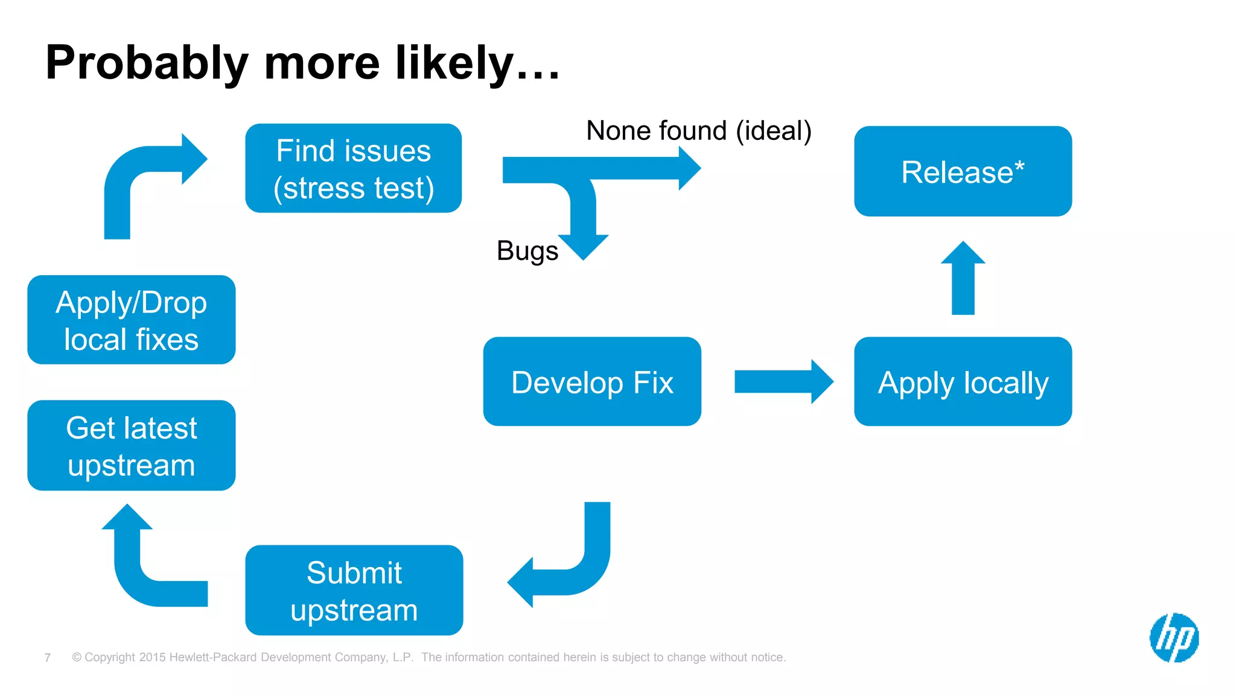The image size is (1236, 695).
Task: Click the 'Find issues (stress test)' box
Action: coord(353,168)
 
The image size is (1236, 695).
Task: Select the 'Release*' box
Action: coord(963,171)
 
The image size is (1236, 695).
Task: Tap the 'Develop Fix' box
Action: coord(592,381)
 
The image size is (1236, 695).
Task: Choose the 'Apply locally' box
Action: coord(963,381)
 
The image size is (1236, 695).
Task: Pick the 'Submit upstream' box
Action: coord(354,590)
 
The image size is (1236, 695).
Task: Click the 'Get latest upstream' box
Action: coord(131,445)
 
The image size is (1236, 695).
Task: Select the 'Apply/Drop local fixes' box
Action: coord(131,320)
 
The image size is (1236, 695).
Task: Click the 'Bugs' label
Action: coord(527,250)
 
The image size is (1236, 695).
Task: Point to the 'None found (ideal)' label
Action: coord(698,130)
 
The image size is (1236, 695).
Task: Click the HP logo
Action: coord(1174,638)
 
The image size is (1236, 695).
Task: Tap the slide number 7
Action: coord(48,658)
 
